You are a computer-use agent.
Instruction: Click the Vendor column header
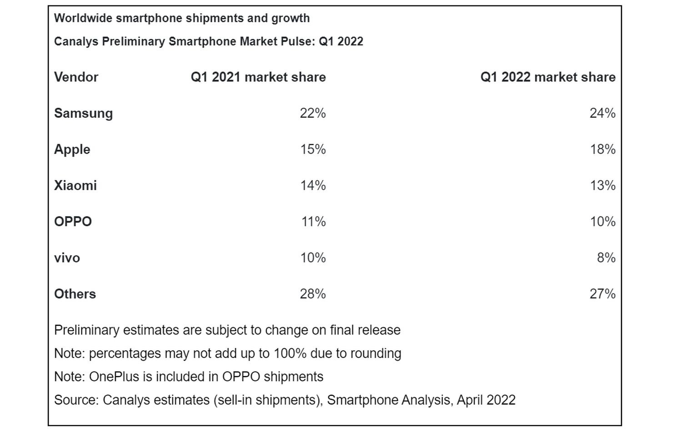click(76, 77)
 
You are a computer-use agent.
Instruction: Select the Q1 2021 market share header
click(258, 77)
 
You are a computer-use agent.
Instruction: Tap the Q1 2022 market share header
click(547, 77)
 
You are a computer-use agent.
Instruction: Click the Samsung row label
click(83, 113)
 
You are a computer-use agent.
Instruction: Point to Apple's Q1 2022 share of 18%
click(602, 149)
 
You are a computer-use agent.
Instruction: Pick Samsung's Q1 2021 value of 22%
click(312, 113)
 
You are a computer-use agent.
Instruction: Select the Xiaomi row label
click(75, 186)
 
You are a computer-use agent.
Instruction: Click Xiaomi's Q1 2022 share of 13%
click(602, 186)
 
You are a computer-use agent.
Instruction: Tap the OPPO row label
click(73, 222)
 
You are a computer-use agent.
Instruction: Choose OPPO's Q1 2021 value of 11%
click(313, 222)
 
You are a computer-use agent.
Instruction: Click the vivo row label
click(67, 258)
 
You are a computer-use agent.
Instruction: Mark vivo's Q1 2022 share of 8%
click(606, 258)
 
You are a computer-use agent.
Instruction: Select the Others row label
click(75, 294)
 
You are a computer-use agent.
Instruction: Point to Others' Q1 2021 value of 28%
click(312, 294)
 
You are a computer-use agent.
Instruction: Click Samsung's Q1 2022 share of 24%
click(602, 113)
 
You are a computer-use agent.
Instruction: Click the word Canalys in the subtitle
click(76, 41)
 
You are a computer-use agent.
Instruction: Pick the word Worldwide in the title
click(83, 18)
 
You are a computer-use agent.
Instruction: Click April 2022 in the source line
click(486, 400)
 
